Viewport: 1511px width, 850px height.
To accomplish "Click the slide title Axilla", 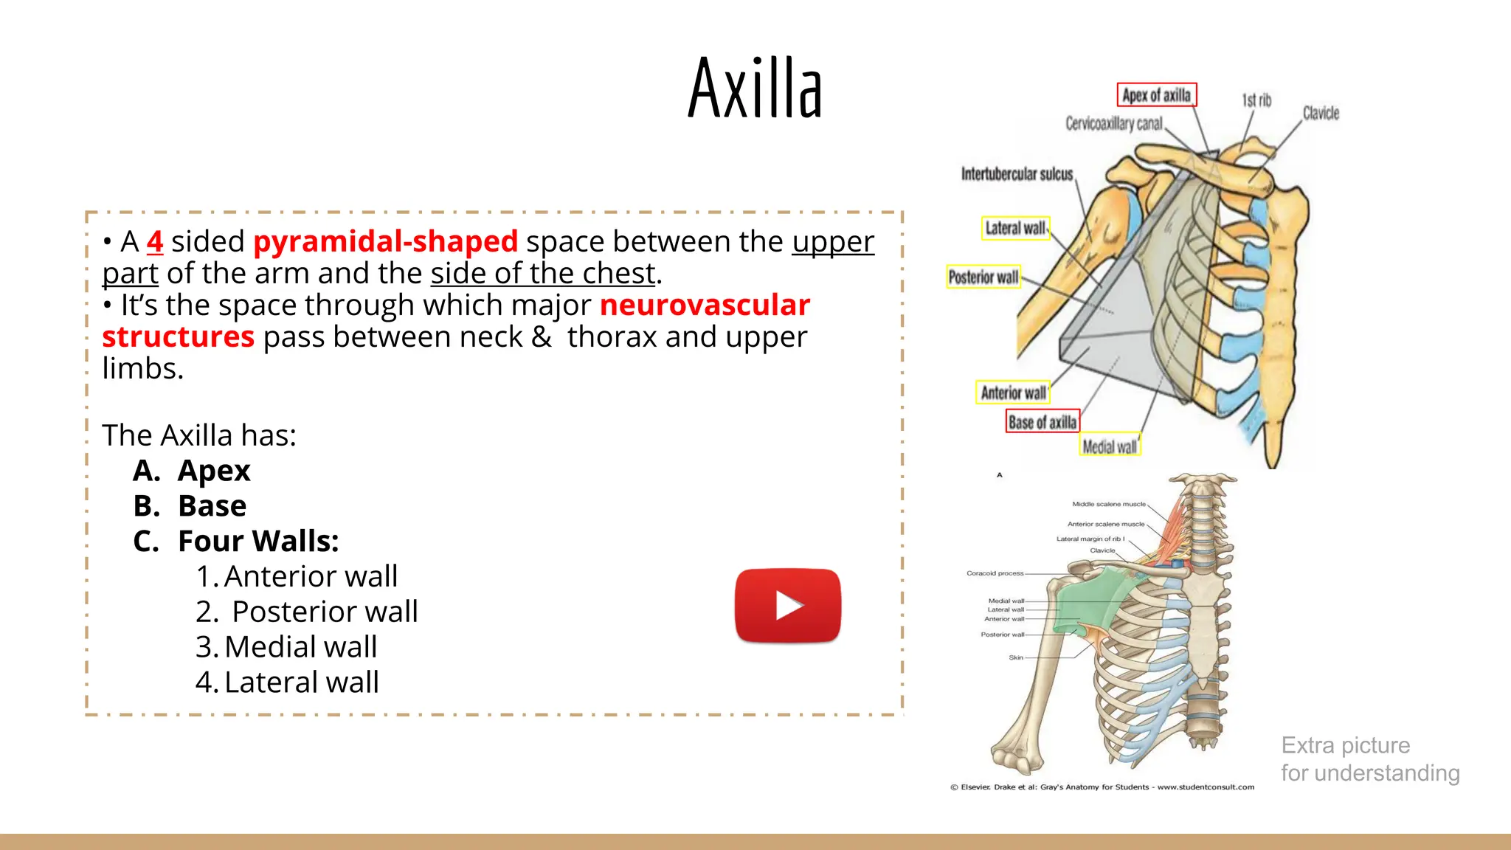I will point(754,88).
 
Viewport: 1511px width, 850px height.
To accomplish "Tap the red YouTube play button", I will point(787,605).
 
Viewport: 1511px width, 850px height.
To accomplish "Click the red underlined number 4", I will point(154,241).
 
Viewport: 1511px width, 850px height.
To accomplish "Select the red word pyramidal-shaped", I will point(385,241).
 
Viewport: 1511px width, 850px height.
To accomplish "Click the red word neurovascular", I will point(705,305).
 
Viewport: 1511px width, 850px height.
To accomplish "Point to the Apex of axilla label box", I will point(1156,95).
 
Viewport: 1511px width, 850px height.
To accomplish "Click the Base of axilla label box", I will point(1042,421).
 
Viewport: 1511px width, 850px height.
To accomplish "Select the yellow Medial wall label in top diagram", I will point(1110,446).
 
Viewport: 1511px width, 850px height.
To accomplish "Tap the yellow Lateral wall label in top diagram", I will point(1015,228).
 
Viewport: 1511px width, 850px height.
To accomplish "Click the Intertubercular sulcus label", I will point(1017,174).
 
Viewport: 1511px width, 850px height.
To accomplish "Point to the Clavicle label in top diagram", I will point(1321,113).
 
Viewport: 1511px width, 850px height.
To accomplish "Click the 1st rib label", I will point(1256,100).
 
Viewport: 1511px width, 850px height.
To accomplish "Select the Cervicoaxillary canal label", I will point(1113,123).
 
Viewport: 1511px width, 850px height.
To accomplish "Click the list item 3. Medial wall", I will point(286,646).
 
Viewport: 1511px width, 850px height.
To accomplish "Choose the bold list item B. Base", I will point(190,506).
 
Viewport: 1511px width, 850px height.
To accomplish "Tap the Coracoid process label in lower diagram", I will point(995,573).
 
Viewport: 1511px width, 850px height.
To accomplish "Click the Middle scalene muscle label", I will point(1108,504).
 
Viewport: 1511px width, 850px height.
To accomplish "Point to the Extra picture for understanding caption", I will point(1369,759).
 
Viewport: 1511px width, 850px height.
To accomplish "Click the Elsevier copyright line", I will point(1102,787).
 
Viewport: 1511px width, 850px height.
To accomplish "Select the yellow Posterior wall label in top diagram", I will point(983,277).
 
